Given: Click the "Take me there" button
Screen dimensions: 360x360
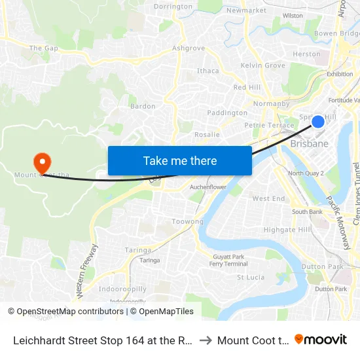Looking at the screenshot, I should pyautogui.click(x=180, y=160).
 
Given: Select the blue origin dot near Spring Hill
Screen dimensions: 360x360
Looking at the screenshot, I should pyautogui.click(x=318, y=121).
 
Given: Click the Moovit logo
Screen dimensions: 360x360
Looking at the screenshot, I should pyautogui.click(x=321, y=339).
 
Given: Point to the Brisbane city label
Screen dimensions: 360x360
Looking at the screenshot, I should pyautogui.click(x=309, y=143).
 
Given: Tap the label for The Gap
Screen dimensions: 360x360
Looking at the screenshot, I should pyautogui.click(x=44, y=48).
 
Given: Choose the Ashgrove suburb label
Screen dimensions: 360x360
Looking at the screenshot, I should pyautogui.click(x=188, y=48).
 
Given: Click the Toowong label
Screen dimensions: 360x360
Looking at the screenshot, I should pyautogui.click(x=187, y=221).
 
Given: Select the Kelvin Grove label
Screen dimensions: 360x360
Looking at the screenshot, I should pyautogui.click(x=262, y=65).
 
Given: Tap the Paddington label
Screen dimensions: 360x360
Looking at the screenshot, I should pyautogui.click(x=227, y=113).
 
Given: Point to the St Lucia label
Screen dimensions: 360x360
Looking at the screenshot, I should pyautogui.click(x=250, y=277).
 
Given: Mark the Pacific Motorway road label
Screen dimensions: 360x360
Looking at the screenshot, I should pyautogui.click(x=340, y=222).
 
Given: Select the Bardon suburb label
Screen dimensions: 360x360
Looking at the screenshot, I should pyautogui.click(x=143, y=106).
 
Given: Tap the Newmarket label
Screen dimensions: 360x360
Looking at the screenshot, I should pyautogui.click(x=246, y=10).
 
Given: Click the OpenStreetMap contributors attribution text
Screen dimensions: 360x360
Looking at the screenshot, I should pyautogui.click(x=67, y=312).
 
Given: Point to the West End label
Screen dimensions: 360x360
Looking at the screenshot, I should pyautogui.click(x=268, y=198).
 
